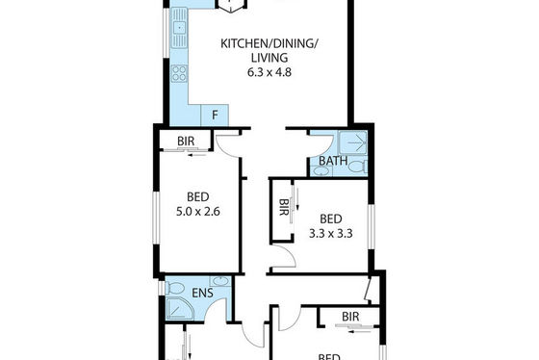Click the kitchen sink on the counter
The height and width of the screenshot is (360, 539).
pyautogui.click(x=179, y=28)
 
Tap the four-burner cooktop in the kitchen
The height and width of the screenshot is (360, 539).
pyautogui.click(x=179, y=73)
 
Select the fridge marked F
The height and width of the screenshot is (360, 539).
pyautogui.click(x=215, y=115)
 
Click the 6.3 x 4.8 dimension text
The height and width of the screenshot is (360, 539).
pyautogui.click(x=269, y=72)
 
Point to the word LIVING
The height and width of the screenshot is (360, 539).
pyautogui.click(x=269, y=58)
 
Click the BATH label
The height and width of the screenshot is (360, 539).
pyautogui.click(x=333, y=161)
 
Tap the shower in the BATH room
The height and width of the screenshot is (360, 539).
pyautogui.click(x=353, y=142)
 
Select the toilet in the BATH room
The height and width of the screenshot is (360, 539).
pyautogui.click(x=358, y=167)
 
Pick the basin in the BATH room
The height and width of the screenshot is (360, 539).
pyautogui.click(x=321, y=171)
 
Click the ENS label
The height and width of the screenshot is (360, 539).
pyautogui.click(x=202, y=293)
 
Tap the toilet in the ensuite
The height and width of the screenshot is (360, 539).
pyautogui.click(x=175, y=288)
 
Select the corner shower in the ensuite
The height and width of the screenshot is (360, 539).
pyautogui.click(x=180, y=308)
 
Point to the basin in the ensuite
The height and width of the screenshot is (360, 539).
pyautogui.click(x=220, y=281)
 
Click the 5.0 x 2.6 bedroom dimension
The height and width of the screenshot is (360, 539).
pyautogui.click(x=198, y=212)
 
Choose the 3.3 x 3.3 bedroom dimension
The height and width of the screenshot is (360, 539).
pyautogui.click(x=331, y=234)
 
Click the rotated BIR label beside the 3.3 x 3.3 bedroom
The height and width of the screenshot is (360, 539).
pyautogui.click(x=283, y=207)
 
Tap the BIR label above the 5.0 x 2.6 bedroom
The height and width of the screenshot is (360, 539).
pyautogui.click(x=186, y=141)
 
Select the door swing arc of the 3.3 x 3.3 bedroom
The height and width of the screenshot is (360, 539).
pyautogui.click(x=290, y=255)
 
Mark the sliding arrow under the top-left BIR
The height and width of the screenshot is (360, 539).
pyautogui.click(x=196, y=155)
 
